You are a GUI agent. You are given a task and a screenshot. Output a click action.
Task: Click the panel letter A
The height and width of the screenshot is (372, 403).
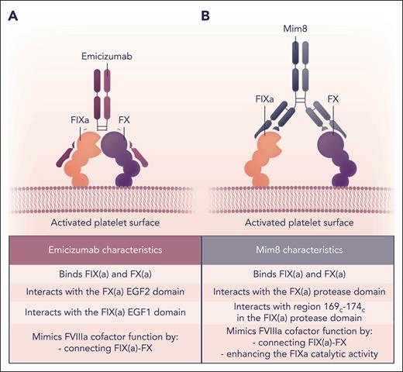tap(13, 15)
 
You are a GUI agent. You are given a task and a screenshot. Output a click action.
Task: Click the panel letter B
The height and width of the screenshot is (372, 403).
tap(205, 15)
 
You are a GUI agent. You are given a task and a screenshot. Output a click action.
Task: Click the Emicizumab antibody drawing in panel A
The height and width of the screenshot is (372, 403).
tap(105, 93)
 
